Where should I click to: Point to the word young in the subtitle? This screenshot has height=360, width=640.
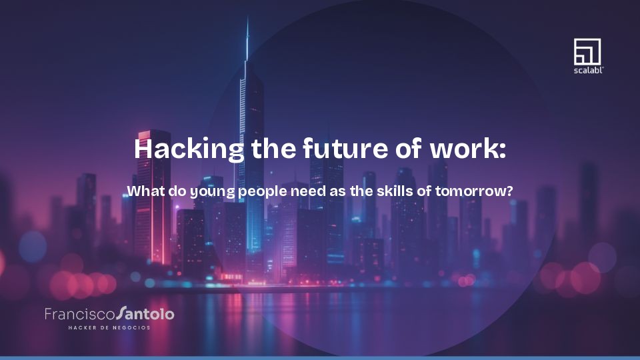[x=211, y=192]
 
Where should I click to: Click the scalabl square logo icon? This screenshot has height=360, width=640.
[x=587, y=51]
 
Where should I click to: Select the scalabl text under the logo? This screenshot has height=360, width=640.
[x=587, y=69]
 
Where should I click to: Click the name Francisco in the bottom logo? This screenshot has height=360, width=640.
[x=79, y=313]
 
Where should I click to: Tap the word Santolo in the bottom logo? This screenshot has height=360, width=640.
[x=145, y=313]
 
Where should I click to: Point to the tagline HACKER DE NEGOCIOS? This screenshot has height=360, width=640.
[x=109, y=327]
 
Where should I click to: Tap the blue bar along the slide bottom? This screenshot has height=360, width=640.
[x=320, y=358]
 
